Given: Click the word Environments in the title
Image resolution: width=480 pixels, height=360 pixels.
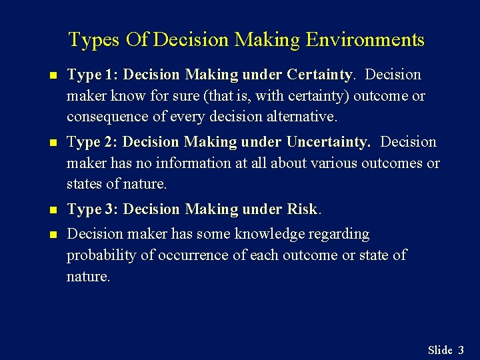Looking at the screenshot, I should tap(365, 40).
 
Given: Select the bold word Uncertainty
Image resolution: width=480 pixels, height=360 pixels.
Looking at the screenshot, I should tap(327, 142).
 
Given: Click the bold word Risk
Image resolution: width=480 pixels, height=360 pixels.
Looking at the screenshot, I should tap(302, 209).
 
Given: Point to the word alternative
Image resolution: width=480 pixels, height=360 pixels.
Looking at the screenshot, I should tap(303, 117).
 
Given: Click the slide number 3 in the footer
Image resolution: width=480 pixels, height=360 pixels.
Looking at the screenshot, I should tap(461, 350).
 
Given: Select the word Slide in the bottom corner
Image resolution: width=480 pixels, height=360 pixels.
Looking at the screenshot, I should tap(440, 350).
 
